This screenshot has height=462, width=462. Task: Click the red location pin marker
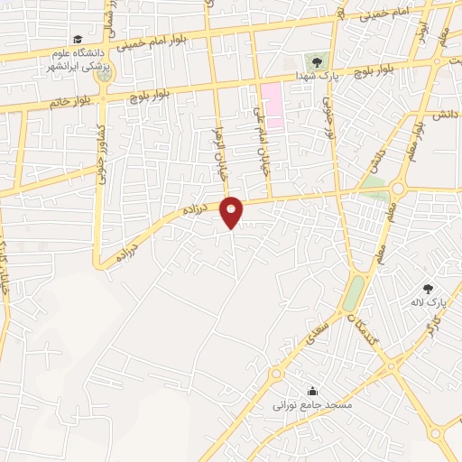[x=232, y=212]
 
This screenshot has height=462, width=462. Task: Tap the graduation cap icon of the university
[x=79, y=41]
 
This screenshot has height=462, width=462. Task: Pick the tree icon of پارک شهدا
[x=316, y=61]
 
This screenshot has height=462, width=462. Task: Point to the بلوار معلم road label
[x=411, y=135]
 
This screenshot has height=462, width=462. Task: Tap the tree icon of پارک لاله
[x=428, y=289]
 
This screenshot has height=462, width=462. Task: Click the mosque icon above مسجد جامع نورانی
[x=312, y=391]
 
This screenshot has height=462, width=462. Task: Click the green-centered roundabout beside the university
[x=104, y=73]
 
